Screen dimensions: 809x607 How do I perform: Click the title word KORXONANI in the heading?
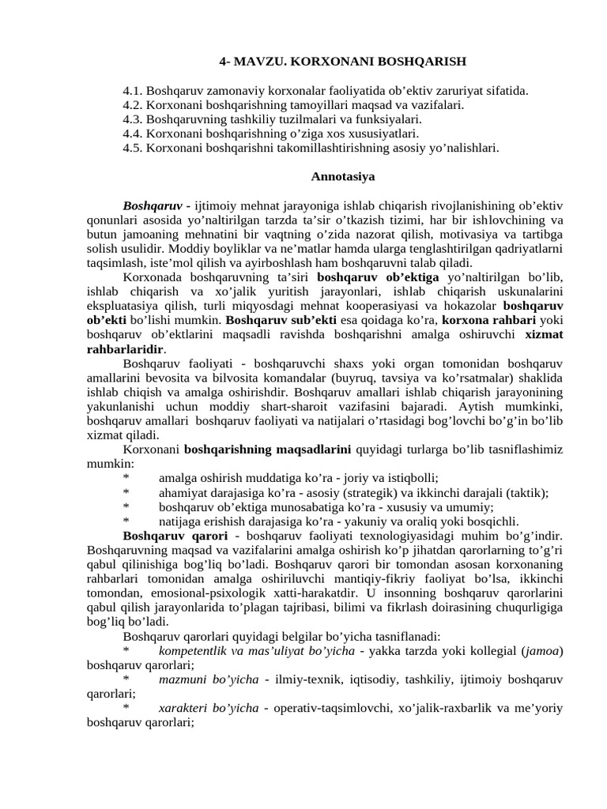(x=317, y=61)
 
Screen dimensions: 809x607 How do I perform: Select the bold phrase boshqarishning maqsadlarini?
(x=268, y=449)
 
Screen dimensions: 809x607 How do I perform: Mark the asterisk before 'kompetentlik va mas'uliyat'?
(x=126, y=651)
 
